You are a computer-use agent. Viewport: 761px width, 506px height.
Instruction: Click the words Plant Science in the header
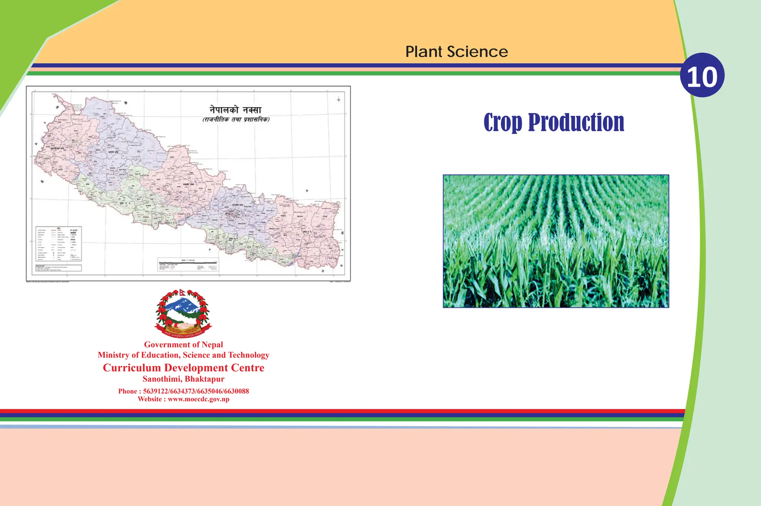tap(456, 52)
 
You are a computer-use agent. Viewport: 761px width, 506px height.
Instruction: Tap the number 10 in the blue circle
tap(702, 77)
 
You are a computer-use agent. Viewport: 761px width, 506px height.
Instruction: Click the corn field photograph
tap(556, 241)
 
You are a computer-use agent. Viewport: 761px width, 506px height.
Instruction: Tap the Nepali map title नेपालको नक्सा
tap(236, 110)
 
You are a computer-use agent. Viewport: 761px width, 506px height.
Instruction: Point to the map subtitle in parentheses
tap(236, 120)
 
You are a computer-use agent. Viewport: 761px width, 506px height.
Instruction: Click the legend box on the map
tap(59, 243)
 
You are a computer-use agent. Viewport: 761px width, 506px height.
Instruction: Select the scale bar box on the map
tap(188, 265)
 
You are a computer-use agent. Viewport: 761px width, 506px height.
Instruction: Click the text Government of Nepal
tap(183, 345)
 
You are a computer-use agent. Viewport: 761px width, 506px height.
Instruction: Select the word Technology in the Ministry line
tap(249, 355)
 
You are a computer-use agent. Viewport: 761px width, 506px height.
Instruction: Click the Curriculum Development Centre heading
tap(183, 368)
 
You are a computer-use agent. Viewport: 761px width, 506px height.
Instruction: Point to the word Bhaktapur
tap(204, 379)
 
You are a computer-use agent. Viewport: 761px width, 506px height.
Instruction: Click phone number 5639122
tap(155, 391)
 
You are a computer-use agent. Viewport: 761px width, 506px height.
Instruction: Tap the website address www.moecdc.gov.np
tap(198, 399)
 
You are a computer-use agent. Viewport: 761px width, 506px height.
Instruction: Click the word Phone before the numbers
tap(127, 391)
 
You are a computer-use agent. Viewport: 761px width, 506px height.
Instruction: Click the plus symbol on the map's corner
tap(339, 100)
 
